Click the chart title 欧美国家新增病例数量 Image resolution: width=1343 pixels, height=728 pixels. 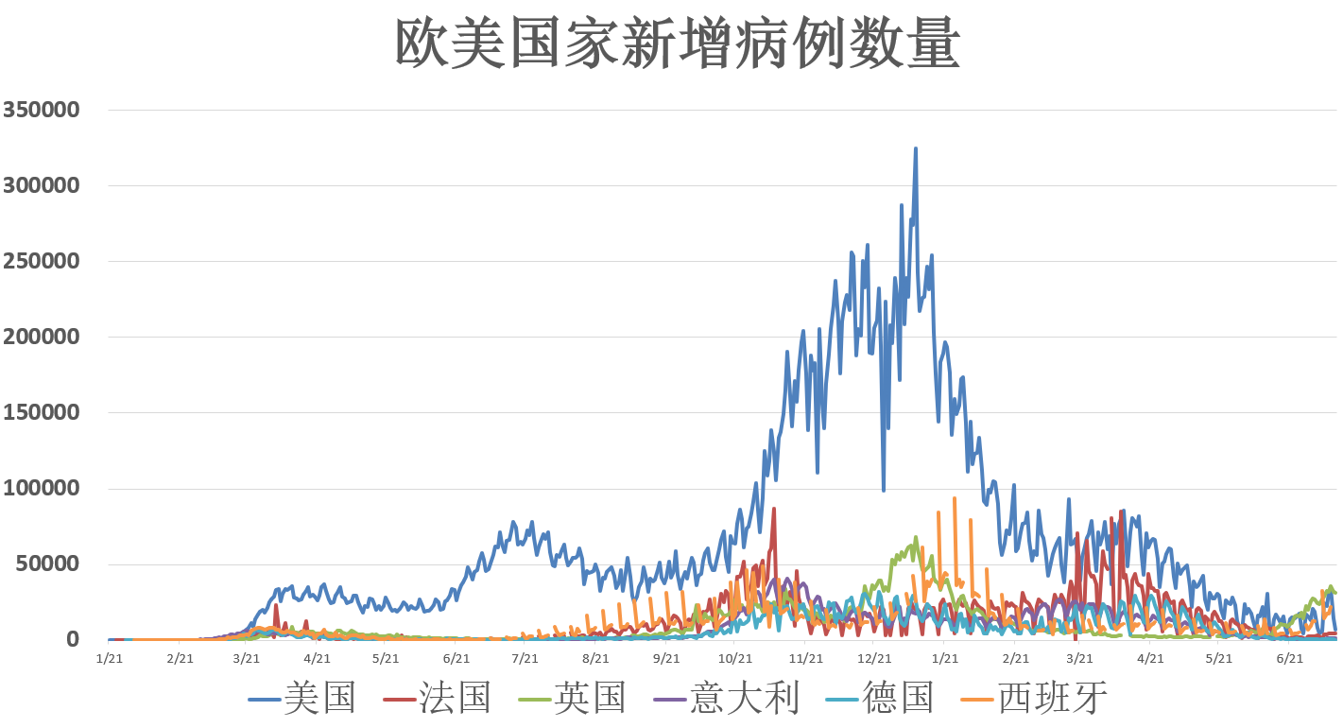point(678,43)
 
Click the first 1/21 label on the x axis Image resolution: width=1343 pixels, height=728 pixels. point(110,658)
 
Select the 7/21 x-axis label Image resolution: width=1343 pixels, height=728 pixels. point(525,658)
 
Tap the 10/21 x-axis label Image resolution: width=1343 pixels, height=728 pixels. point(734,658)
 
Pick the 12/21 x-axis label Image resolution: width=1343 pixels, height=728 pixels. point(874,658)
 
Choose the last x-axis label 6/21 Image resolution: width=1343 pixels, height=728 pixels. point(1289,658)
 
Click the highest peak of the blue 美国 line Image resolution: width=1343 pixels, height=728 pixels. point(915,148)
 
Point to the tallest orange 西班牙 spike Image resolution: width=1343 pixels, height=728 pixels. point(955,498)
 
